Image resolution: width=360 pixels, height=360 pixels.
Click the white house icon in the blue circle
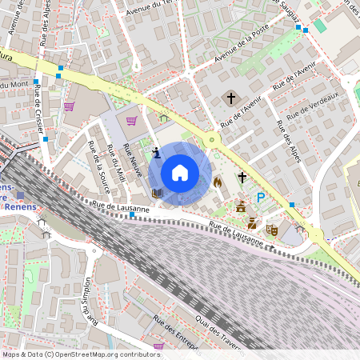[x=180, y=172]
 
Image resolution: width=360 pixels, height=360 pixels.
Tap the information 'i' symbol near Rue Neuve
[x=156, y=152]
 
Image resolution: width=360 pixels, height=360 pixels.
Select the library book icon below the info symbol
[x=157, y=193]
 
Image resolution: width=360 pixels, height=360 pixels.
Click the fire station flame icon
[x=217, y=182]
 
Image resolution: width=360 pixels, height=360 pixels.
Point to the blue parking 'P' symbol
[x=260, y=198]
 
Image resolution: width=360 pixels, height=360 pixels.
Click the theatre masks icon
[x=272, y=230]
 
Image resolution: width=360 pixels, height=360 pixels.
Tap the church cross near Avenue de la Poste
[x=231, y=98]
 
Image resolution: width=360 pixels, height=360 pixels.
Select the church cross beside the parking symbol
[x=242, y=177]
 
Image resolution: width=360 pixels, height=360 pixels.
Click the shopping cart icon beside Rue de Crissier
[x=69, y=106]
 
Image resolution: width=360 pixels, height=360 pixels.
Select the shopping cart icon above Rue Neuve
[x=131, y=121]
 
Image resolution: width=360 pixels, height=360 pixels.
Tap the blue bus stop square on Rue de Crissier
[x=46, y=140]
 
